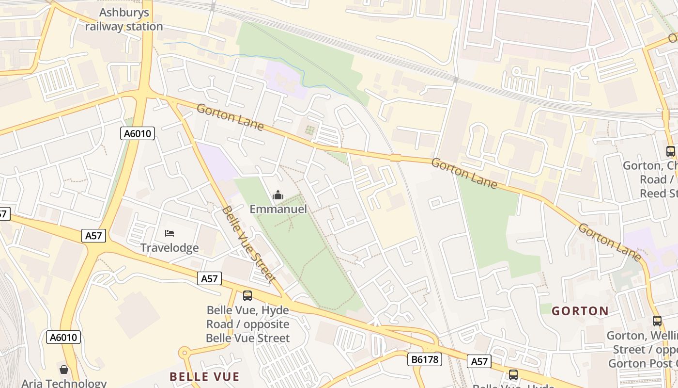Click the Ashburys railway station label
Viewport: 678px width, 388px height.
(x=124, y=19)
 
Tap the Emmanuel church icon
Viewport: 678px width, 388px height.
(x=278, y=195)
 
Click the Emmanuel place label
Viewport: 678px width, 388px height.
(x=278, y=209)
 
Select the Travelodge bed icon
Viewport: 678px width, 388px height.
(x=169, y=233)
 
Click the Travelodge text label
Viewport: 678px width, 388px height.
(x=169, y=248)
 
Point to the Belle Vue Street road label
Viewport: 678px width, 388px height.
(x=248, y=244)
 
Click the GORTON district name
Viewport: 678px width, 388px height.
(x=580, y=311)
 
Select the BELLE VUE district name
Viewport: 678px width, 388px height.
(x=204, y=377)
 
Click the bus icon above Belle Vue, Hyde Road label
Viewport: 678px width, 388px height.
(x=247, y=295)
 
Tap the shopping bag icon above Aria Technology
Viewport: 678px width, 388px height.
(x=64, y=370)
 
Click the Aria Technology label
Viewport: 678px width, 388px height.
(x=64, y=383)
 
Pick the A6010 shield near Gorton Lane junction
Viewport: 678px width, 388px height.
(x=138, y=133)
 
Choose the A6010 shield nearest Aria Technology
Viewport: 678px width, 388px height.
(x=63, y=337)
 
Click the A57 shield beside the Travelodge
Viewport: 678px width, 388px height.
(x=93, y=236)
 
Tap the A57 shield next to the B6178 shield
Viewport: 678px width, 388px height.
(x=479, y=361)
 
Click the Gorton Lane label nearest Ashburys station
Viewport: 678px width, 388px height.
(x=230, y=117)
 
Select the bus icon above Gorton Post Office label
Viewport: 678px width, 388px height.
(x=657, y=321)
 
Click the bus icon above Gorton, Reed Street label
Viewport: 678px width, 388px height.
(x=670, y=151)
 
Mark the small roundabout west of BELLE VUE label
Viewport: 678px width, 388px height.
(x=184, y=353)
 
